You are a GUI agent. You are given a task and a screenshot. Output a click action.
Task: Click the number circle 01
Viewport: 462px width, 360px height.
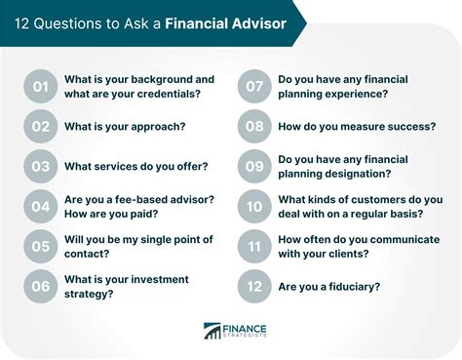click(x=40, y=87)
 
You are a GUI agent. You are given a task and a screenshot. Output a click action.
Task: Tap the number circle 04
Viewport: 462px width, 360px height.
click(x=40, y=207)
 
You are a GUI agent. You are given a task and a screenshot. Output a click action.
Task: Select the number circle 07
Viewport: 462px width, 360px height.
click(x=254, y=87)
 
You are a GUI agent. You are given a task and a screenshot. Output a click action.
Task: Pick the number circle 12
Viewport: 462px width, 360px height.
click(x=254, y=287)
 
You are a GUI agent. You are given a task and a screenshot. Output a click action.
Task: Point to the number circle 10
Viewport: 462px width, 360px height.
click(x=254, y=207)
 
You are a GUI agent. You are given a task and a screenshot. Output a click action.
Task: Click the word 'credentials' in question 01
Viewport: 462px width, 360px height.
click(x=171, y=95)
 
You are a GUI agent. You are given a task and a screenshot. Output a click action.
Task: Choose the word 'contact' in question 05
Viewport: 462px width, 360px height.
click(x=87, y=255)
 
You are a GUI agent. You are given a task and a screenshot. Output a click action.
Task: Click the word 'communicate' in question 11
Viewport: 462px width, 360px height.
click(x=398, y=239)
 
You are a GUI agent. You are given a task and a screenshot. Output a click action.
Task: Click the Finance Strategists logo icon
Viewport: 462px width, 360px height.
click(x=214, y=332)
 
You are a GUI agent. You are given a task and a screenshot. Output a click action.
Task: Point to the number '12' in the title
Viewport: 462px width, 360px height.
click(x=20, y=22)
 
